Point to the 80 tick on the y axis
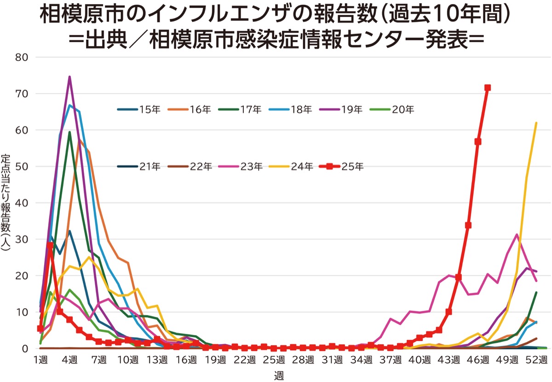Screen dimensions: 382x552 (x=23, y=58)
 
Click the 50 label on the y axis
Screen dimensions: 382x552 (x=23, y=167)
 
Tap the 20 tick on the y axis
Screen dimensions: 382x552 (x=23, y=276)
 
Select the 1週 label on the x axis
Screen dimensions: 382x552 (x=40, y=359)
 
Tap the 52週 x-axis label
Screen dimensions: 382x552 (x=536, y=359)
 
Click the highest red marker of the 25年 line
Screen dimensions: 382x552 (x=488, y=88)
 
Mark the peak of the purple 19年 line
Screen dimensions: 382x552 (x=69, y=77)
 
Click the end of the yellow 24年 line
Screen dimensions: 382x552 (x=536, y=123)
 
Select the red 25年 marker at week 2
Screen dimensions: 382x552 (x=50, y=246)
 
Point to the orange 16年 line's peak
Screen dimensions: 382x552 (x=80, y=140)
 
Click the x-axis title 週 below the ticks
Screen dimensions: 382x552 (x=279, y=375)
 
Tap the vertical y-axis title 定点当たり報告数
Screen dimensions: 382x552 (x=6, y=203)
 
